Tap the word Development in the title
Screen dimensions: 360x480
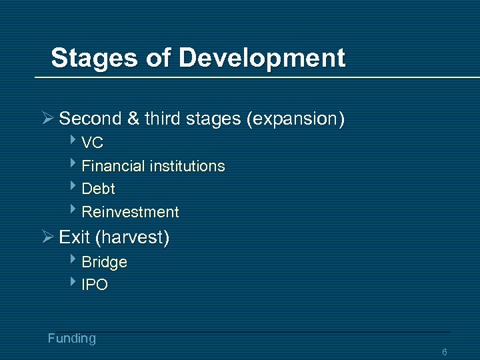point(262,58)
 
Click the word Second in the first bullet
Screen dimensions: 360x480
point(90,119)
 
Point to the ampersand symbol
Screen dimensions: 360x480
point(133,119)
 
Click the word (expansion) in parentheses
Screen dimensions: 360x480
point(295,119)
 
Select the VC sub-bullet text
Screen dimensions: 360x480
point(92,143)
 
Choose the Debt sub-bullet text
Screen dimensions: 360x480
point(98,189)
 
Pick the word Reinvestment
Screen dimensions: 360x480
point(130,212)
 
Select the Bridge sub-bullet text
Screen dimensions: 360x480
point(104,262)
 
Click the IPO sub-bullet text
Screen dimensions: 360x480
point(95,285)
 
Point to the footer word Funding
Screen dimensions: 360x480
point(72,338)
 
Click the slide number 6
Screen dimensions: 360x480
point(445,352)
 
